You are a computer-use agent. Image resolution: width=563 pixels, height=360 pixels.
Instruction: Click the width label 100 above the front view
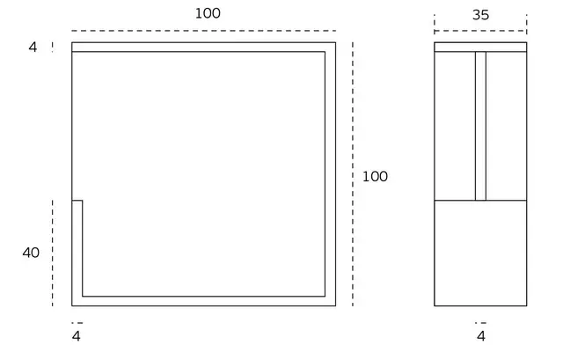[208, 14]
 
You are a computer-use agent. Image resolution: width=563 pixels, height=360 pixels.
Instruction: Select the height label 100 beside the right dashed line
[375, 176]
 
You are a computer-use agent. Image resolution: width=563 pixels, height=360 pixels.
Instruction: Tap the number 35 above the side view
[480, 15]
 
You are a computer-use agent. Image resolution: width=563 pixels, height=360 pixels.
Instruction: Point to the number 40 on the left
[31, 253]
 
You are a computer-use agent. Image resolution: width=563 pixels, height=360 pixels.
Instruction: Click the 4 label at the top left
[33, 47]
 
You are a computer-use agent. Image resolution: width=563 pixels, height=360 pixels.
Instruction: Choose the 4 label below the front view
[77, 336]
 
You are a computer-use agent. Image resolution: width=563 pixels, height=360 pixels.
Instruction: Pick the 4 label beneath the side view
[481, 336]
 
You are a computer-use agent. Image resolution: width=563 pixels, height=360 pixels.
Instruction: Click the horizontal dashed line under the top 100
[203, 31]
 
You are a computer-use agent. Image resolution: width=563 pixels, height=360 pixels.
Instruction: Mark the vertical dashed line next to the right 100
[353, 174]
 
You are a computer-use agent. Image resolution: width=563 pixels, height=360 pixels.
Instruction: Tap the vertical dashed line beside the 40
[53, 253]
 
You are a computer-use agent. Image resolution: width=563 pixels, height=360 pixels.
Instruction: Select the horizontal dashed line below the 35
[480, 31]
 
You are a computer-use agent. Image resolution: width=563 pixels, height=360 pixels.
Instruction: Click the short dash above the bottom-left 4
[77, 323]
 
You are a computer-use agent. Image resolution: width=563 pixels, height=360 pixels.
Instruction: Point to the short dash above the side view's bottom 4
[481, 323]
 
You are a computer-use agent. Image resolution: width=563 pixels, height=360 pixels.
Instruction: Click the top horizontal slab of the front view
[203, 47]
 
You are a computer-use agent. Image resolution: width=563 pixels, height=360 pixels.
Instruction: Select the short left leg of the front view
[77, 248]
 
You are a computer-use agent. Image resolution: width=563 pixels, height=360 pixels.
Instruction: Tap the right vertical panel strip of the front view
[331, 174]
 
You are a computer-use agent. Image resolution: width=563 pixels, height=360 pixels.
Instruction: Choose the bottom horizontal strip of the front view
[203, 301]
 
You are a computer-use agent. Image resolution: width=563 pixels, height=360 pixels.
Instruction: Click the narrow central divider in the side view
[481, 126]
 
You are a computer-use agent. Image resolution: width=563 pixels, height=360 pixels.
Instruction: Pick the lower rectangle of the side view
[480, 253]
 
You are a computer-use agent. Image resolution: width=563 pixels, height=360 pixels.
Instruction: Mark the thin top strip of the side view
[480, 47]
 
